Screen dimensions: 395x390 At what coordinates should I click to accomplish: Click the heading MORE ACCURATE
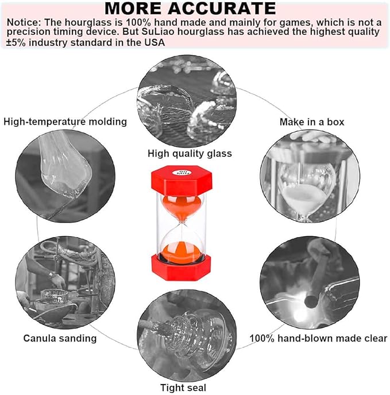tap(190, 9)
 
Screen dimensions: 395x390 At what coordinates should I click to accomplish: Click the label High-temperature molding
tap(65, 121)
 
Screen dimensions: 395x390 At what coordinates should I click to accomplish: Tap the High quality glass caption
tap(190, 153)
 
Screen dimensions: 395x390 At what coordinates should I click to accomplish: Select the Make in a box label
tap(311, 122)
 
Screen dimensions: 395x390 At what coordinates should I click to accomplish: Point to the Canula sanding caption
tap(60, 338)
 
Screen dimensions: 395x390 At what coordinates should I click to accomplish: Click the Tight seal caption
tap(183, 388)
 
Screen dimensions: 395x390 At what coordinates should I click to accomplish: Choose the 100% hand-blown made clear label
tap(318, 338)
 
